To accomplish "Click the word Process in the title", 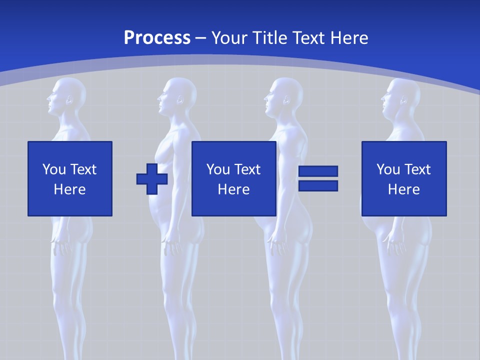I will coord(157,38).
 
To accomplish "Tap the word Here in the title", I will coord(348,38).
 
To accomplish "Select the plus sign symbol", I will coord(152,178).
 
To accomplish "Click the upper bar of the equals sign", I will coord(318,171).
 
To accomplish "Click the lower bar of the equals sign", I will coord(318,186).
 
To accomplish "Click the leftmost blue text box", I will coord(70,178).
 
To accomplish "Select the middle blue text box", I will coord(233,178).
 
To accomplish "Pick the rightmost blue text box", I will coord(403,178).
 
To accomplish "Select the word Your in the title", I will coord(229,38).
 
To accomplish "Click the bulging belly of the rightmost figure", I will coord(372,227).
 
